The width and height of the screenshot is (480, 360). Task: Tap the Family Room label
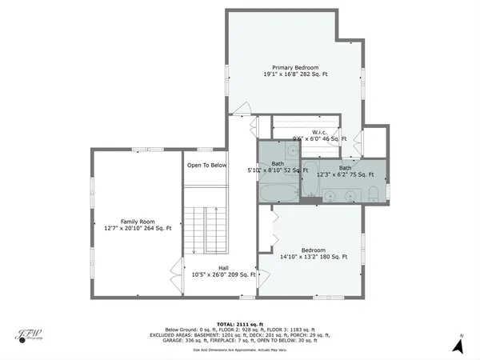coord(137,221)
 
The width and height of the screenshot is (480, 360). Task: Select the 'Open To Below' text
coord(206,166)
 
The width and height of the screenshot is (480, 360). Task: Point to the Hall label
coord(223,267)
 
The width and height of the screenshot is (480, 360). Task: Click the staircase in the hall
coord(206,232)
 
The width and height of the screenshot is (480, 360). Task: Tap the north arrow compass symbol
coord(458,344)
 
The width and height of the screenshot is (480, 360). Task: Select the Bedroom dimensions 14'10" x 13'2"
coord(314,257)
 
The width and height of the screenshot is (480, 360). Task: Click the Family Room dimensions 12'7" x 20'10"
coord(137,228)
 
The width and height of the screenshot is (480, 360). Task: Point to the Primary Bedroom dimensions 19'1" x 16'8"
coord(295,74)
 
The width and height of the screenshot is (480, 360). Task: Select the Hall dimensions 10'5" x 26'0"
coord(223,274)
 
